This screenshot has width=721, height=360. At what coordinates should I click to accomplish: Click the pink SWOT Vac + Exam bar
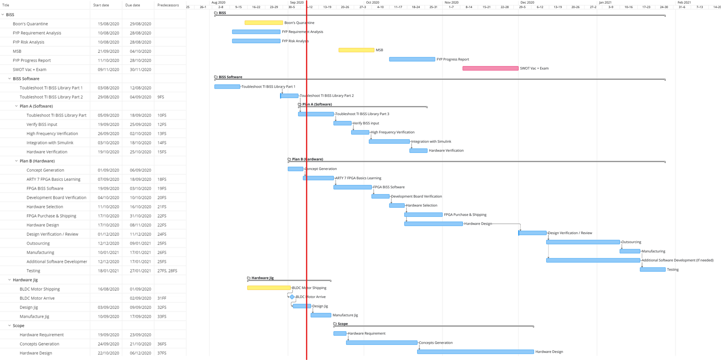click(490, 69)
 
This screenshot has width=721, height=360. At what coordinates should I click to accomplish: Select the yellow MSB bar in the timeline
click(356, 50)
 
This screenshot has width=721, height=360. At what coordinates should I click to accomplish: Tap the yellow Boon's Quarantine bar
click(264, 23)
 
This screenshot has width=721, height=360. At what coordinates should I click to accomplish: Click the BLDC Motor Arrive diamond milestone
click(292, 297)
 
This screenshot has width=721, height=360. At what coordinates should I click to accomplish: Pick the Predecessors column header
click(168, 5)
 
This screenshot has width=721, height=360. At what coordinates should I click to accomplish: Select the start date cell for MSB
click(108, 51)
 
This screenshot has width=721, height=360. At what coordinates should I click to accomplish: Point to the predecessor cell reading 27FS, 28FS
click(167, 271)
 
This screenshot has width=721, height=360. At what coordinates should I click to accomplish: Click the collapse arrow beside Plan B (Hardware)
click(16, 161)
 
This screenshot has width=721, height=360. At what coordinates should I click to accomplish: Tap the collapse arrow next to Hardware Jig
click(9, 280)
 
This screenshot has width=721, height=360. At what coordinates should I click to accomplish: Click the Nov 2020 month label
click(451, 2)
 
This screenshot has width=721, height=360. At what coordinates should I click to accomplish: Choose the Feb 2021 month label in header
click(684, 2)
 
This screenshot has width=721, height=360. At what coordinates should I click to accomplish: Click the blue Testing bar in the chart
click(653, 269)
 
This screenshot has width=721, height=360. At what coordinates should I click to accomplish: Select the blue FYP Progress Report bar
click(412, 59)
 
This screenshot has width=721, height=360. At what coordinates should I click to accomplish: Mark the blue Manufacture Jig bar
click(321, 315)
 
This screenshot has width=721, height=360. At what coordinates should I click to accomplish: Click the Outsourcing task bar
click(583, 242)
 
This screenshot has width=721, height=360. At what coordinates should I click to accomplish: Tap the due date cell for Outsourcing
click(140, 243)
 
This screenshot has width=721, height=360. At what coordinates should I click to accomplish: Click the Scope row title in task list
click(19, 326)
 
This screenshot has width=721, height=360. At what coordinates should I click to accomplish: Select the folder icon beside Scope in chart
click(335, 324)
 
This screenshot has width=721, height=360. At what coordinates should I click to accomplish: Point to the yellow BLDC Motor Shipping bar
click(269, 288)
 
